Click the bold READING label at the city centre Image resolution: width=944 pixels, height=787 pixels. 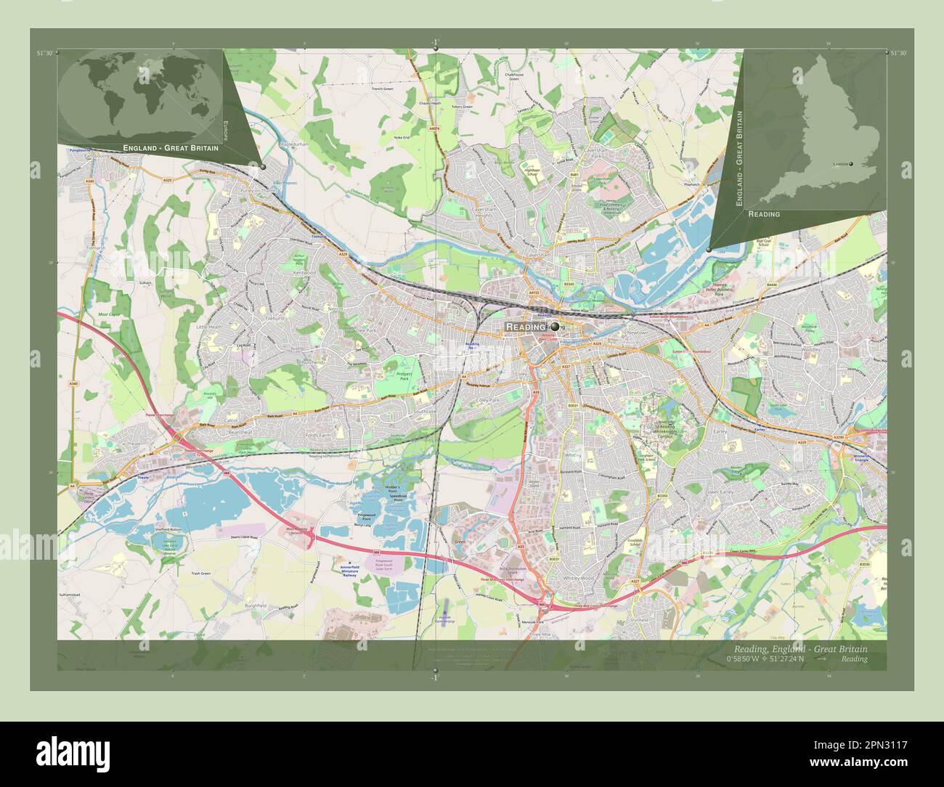pyautogui.click(x=526, y=327)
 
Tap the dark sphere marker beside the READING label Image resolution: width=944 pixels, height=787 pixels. pyautogui.click(x=555, y=327)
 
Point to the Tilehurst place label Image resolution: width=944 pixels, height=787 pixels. pyautogui.click(x=275, y=319)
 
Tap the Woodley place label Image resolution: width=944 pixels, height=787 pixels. pyautogui.click(x=812, y=350)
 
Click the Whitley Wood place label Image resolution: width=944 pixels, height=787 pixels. pyautogui.click(x=579, y=578)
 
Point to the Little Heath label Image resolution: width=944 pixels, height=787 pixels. pyautogui.click(x=209, y=327)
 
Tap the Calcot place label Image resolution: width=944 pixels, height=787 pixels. pyautogui.click(x=232, y=420)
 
